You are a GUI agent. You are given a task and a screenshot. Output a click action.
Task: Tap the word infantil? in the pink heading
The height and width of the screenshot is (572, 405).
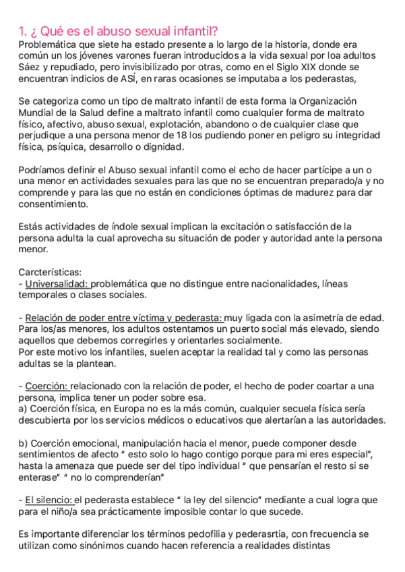tap(194, 31)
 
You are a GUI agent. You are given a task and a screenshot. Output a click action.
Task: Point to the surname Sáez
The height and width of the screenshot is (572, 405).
tap(30, 67)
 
